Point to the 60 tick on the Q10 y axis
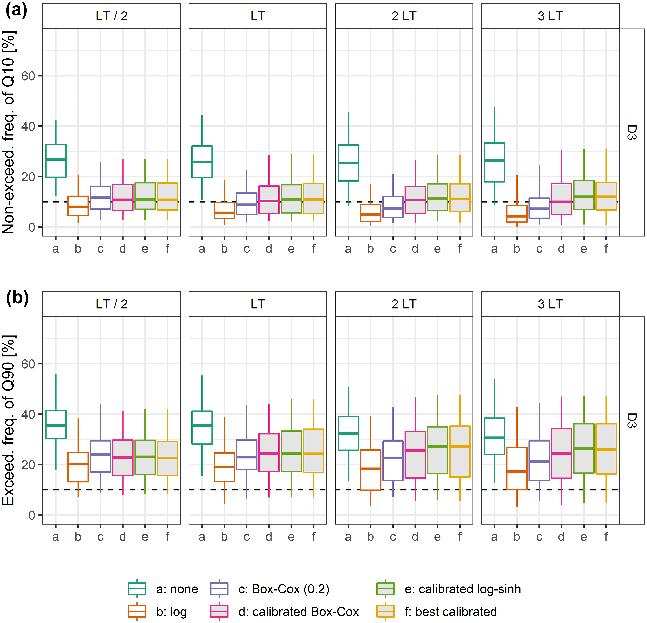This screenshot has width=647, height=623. click(28, 76)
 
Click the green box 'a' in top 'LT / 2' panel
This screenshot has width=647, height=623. click(56, 161)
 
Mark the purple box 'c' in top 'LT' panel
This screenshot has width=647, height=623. click(247, 204)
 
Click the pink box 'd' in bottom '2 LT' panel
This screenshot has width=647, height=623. click(415, 454)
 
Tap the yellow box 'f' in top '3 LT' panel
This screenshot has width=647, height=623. click(606, 196)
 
